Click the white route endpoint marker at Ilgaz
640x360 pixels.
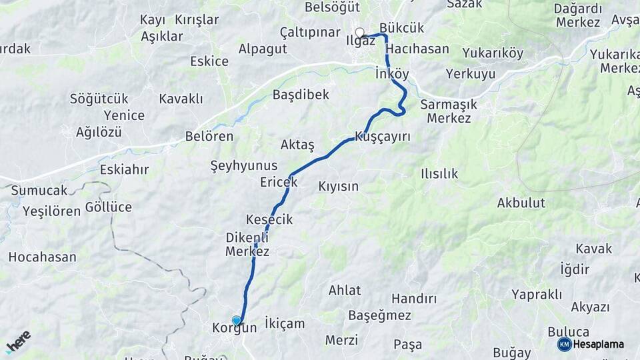click(x=360, y=33)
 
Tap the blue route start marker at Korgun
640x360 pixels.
click(x=236, y=321)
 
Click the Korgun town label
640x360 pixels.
click(x=234, y=328)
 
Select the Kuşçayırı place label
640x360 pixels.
click(x=382, y=136)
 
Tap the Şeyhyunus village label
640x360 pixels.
click(x=244, y=165)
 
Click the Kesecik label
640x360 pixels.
click(x=269, y=219)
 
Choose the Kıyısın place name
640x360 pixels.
click(x=339, y=186)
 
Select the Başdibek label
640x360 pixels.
click(x=301, y=95)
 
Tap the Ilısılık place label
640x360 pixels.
click(x=439, y=173)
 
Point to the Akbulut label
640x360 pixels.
click(x=521, y=203)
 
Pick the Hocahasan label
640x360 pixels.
click(x=42, y=257)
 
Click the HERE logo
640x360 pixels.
click(x=18, y=341)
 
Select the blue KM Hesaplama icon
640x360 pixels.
click(x=564, y=344)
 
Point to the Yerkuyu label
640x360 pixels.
click(x=471, y=73)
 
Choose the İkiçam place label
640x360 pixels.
click(x=285, y=323)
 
